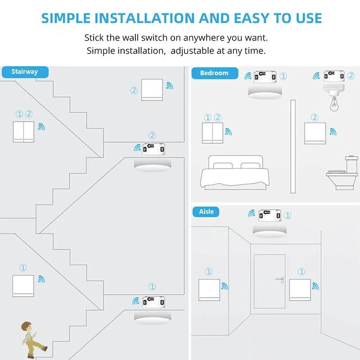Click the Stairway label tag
click(25, 72)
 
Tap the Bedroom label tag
click(214, 73)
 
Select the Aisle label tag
click(207, 211)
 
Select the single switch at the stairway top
click(152, 90)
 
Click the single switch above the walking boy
click(23, 285)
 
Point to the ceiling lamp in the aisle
click(269, 231)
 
